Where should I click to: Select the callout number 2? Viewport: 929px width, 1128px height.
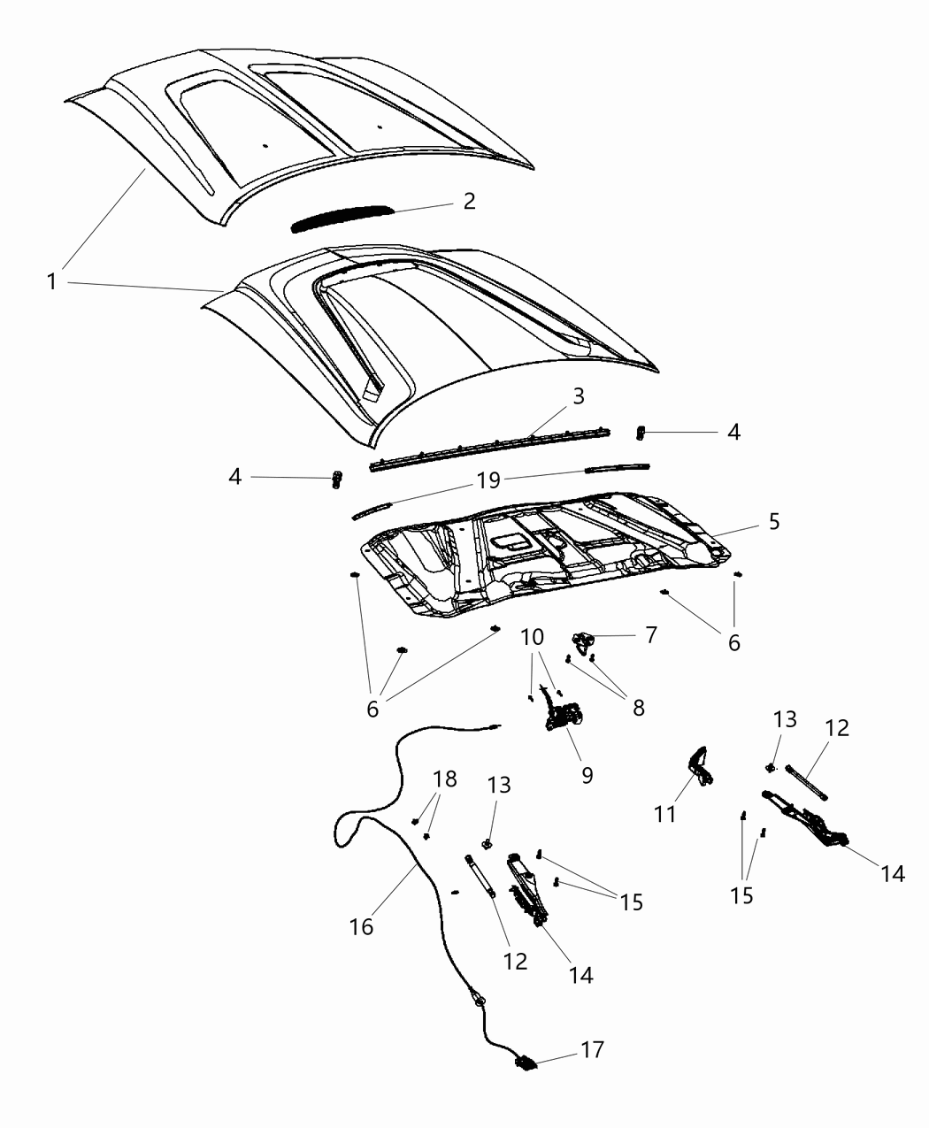[469, 201]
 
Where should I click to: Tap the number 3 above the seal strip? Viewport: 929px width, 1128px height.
[578, 396]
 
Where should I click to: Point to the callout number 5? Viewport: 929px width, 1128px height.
[773, 522]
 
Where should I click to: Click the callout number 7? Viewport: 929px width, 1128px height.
[651, 635]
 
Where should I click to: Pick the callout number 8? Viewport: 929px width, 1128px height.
[637, 707]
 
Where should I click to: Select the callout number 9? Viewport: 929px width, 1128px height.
[587, 775]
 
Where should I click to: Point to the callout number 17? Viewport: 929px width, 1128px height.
[592, 1050]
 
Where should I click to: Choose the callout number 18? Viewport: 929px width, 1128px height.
[446, 779]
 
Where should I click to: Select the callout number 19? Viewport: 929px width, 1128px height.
[488, 480]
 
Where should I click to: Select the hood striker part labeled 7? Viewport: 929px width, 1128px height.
[581, 640]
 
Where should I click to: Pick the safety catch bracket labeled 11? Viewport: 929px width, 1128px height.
[700, 764]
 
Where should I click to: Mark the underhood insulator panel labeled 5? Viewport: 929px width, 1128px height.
[549, 557]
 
